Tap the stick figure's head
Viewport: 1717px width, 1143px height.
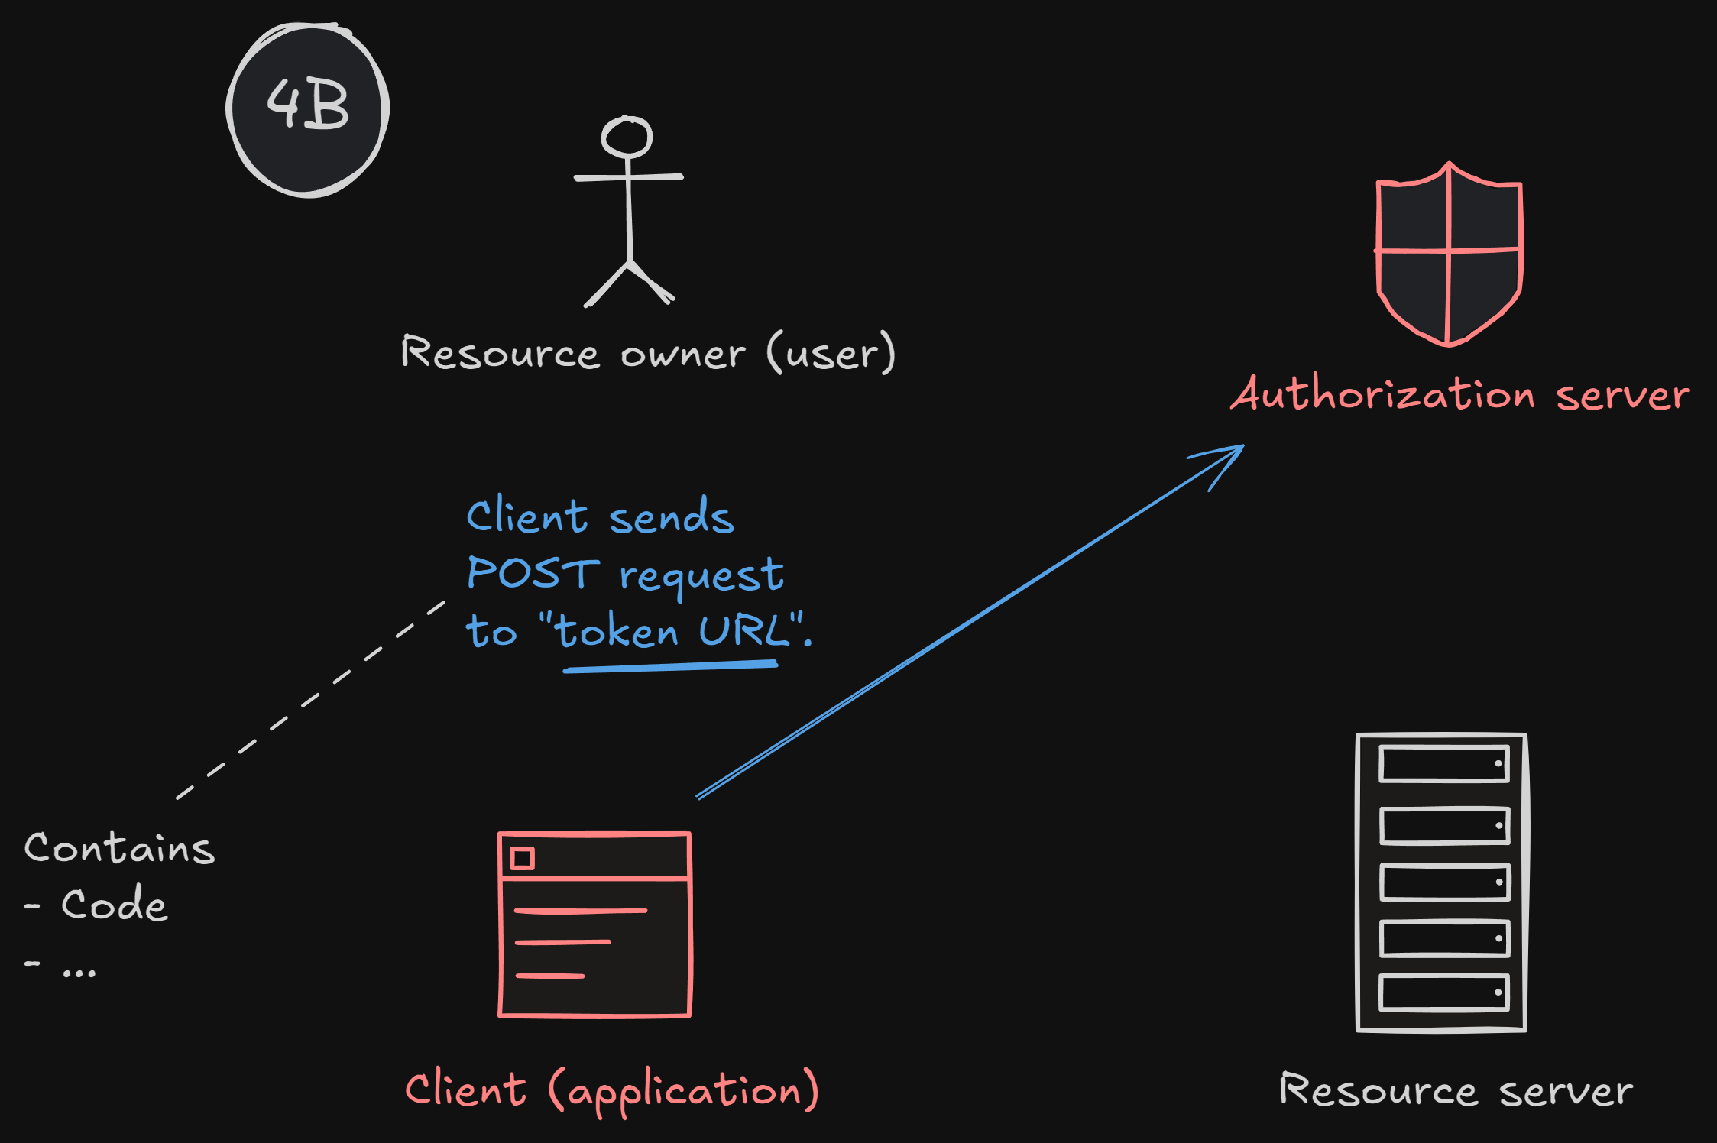point(627,138)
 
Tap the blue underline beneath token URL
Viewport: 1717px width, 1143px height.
point(670,667)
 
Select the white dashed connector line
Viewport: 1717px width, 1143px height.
point(310,700)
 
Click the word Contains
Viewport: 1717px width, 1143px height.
point(120,849)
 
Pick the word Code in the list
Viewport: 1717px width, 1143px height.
point(115,905)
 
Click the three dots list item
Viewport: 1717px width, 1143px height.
point(79,972)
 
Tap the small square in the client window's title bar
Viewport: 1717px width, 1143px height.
point(523,858)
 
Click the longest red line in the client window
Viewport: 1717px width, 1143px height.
point(581,911)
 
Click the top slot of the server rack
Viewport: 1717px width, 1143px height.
point(1443,763)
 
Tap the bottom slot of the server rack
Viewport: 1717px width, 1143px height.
point(1443,992)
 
